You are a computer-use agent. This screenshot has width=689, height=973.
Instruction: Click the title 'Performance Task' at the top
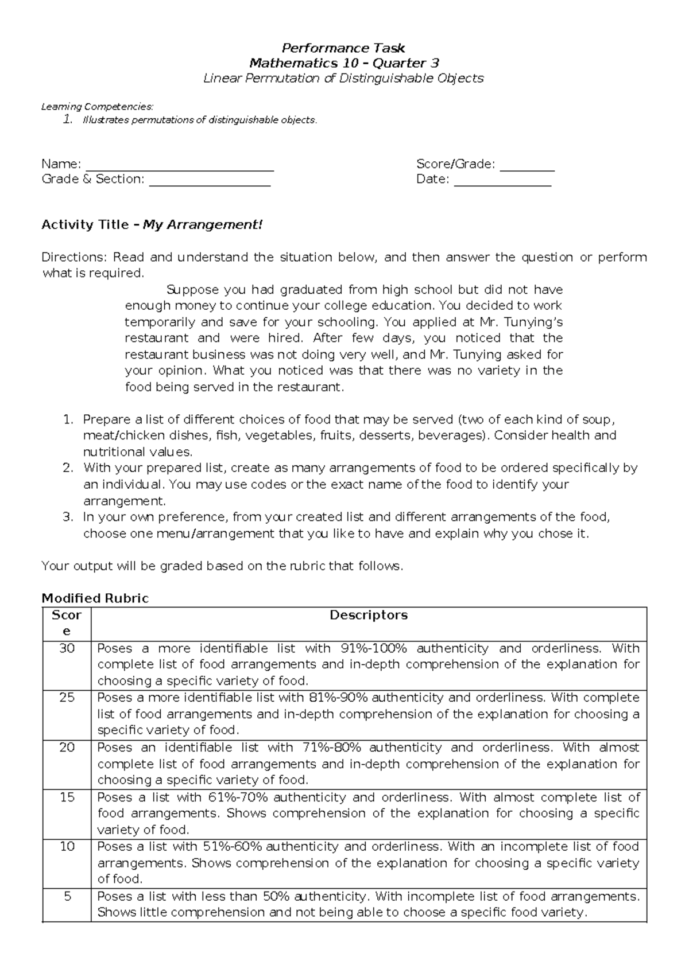[343, 48]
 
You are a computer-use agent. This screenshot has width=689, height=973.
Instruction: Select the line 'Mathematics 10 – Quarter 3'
[343, 63]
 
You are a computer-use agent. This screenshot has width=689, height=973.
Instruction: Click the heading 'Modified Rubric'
[95, 598]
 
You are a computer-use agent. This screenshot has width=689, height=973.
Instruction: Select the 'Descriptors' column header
[369, 616]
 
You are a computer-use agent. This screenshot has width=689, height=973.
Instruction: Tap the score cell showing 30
[67, 649]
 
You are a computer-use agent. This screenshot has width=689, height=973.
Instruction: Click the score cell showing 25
[67, 698]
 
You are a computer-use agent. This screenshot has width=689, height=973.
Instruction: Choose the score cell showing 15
[67, 797]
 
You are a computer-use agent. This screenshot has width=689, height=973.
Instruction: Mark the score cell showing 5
[67, 896]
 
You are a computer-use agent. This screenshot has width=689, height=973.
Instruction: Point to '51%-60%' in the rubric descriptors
[231, 847]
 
